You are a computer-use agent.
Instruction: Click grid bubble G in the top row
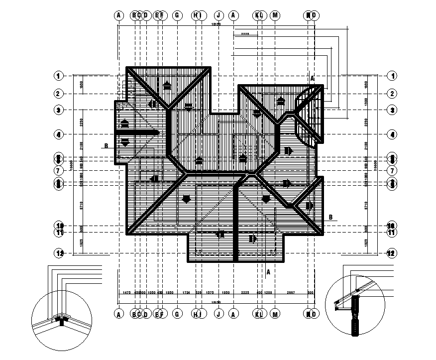point(177,15)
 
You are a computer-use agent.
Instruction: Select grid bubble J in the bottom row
point(218,314)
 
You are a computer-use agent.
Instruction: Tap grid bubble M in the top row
point(275,15)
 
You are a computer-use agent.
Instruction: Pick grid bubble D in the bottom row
point(146,314)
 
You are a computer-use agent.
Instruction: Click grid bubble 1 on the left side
point(59,76)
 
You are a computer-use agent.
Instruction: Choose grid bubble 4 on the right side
point(391,134)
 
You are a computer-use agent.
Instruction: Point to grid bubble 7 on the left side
point(59,170)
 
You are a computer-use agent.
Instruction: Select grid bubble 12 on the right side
point(391,253)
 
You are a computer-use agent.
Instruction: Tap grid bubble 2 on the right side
point(391,93)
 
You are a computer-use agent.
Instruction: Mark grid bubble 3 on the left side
point(59,110)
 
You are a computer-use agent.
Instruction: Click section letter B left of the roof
point(106,146)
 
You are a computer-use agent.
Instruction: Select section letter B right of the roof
point(330,217)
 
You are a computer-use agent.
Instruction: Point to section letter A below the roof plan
point(268,272)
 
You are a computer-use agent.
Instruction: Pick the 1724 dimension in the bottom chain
point(186,293)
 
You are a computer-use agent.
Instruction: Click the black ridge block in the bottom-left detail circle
point(61,321)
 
